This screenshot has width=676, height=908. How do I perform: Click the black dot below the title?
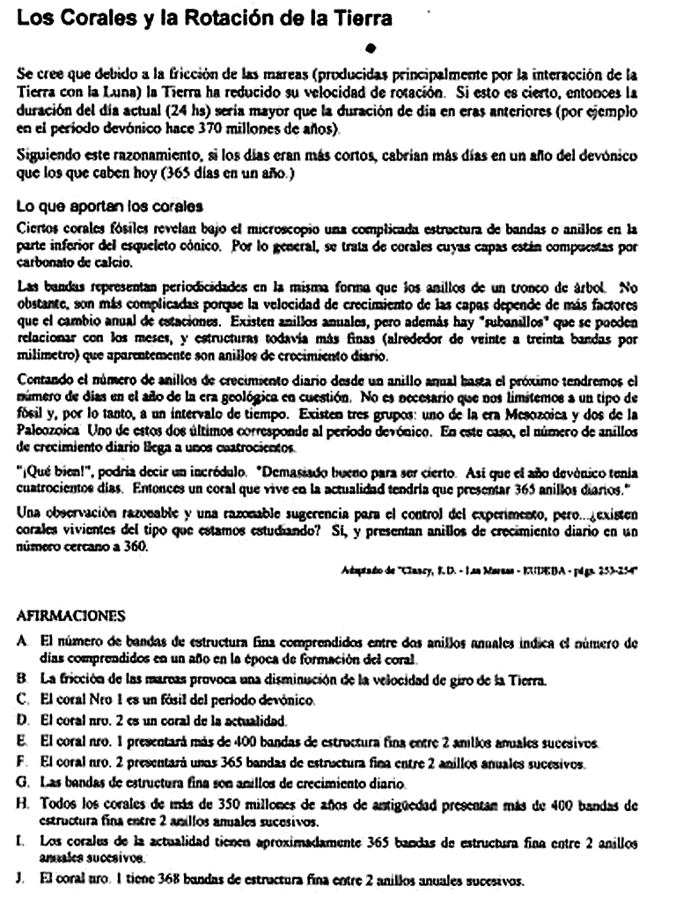click(x=371, y=47)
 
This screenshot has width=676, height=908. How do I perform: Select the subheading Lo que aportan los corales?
click(x=110, y=207)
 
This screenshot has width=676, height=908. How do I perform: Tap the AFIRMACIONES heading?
click(x=71, y=616)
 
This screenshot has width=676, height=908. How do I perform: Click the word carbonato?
click(x=45, y=261)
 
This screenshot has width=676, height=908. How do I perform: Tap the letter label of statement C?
click(x=22, y=699)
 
